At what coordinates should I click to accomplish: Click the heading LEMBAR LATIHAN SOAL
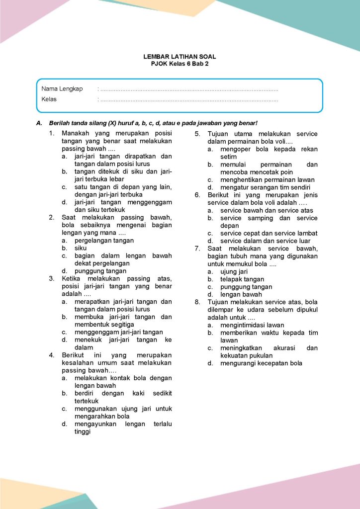point(180,57)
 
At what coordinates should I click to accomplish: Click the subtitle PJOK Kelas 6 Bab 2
point(180,64)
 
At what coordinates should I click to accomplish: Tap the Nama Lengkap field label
point(62,88)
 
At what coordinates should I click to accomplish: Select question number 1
point(52,133)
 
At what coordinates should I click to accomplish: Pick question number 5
point(197,134)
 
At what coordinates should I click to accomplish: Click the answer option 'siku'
point(80,248)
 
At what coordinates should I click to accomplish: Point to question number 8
point(197,302)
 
